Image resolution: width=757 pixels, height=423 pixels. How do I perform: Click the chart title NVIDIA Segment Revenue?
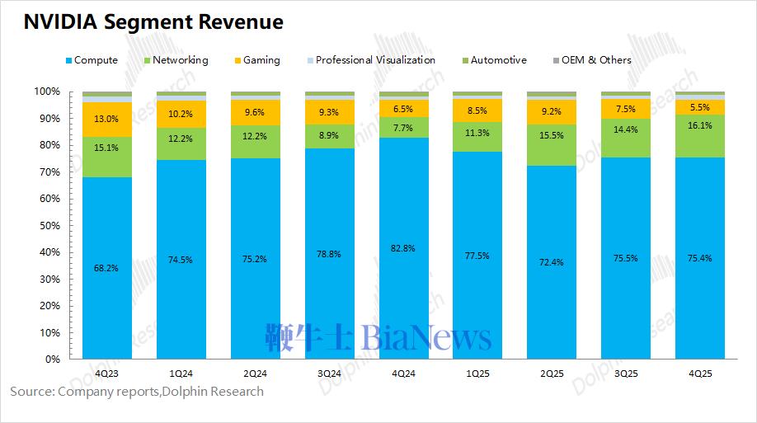(x=153, y=22)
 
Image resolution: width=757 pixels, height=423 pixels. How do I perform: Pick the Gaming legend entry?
(x=261, y=60)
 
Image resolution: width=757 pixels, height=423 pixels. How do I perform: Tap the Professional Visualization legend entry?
(x=375, y=60)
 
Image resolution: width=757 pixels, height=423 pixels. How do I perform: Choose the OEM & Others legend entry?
(x=596, y=60)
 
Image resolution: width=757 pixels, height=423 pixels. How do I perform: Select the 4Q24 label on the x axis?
(x=403, y=374)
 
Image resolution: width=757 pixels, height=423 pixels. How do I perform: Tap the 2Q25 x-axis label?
(x=552, y=374)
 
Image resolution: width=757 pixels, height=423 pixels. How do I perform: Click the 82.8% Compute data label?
(x=403, y=248)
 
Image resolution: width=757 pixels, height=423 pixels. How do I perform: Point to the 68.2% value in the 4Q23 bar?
(x=106, y=268)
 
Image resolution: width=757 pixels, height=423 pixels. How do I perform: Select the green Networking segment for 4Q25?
(x=700, y=136)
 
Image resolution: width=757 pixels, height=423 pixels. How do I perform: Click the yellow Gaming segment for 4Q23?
(x=106, y=120)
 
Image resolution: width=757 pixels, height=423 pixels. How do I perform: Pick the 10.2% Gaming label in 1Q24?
(x=181, y=115)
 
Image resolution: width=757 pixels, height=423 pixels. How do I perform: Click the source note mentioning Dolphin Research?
(x=137, y=391)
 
